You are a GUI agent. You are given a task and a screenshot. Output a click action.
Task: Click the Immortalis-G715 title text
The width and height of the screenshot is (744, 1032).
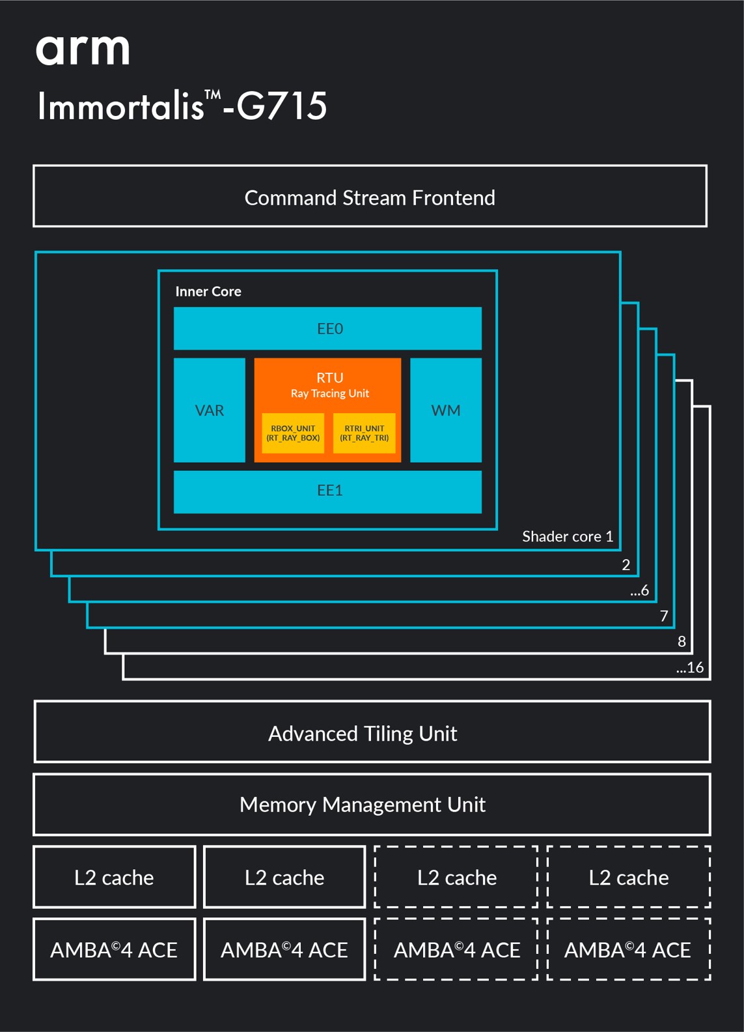point(182,106)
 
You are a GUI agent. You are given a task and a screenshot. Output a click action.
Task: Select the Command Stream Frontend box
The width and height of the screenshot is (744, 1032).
point(370,196)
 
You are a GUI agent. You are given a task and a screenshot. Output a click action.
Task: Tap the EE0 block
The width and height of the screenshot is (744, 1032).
point(327,328)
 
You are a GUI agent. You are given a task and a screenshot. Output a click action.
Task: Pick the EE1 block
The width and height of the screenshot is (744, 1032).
point(327,492)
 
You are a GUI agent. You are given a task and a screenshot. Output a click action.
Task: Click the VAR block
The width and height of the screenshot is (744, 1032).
point(210,410)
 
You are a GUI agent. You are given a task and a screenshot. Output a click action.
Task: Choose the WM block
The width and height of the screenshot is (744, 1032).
point(446,410)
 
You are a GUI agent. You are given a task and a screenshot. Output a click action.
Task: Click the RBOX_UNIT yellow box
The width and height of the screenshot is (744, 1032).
point(293,433)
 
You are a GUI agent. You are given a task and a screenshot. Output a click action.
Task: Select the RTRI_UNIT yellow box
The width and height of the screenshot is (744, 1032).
point(364,433)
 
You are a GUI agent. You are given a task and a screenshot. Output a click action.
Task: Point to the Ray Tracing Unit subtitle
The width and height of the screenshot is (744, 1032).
point(329,394)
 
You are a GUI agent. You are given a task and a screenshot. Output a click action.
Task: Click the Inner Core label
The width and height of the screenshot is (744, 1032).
point(208,292)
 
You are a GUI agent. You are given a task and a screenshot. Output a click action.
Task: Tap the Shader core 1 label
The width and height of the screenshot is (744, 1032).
point(568,536)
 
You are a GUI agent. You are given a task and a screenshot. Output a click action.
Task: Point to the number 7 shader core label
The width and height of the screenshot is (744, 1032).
point(664,616)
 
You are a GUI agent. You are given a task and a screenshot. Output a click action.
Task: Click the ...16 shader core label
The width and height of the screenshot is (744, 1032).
point(690,667)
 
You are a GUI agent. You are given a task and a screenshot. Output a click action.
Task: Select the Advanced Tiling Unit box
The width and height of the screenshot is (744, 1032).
point(372,732)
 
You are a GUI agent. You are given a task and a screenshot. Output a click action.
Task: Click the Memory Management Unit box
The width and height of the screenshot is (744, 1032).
point(372,805)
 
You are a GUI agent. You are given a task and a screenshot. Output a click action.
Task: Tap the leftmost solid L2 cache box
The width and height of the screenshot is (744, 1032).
point(114,877)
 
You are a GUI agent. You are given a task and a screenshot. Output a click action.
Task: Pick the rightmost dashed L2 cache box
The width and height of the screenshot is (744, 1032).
point(629,877)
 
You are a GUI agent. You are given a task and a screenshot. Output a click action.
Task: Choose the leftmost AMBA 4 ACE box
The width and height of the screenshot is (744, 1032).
point(114,949)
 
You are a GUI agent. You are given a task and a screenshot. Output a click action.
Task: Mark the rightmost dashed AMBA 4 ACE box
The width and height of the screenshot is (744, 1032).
point(629,949)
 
